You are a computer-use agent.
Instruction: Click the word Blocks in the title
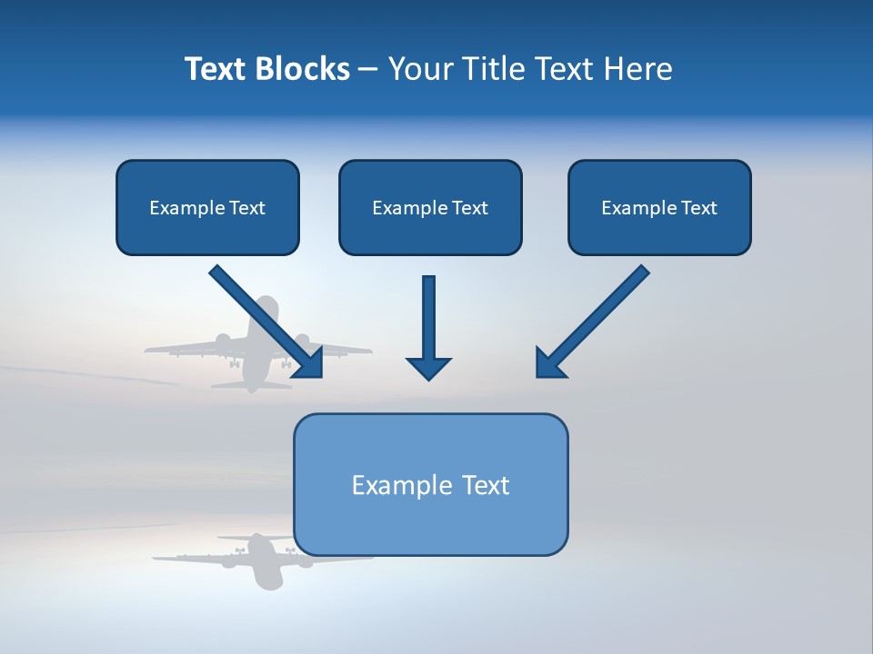pyautogui.click(x=303, y=69)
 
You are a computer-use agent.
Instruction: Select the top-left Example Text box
pyautogui.click(x=207, y=207)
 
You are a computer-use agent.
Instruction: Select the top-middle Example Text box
pyautogui.click(x=430, y=207)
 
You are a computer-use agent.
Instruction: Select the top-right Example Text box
pyautogui.click(x=659, y=207)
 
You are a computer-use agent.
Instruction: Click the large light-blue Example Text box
pyautogui.click(x=430, y=484)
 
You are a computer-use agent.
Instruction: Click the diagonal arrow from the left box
pyautogui.click(x=264, y=320)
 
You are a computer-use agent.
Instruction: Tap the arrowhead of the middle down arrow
pyautogui.click(x=428, y=367)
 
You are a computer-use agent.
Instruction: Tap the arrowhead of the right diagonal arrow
pyautogui.click(x=548, y=363)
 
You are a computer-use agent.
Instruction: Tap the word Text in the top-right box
pyautogui.click(x=698, y=207)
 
